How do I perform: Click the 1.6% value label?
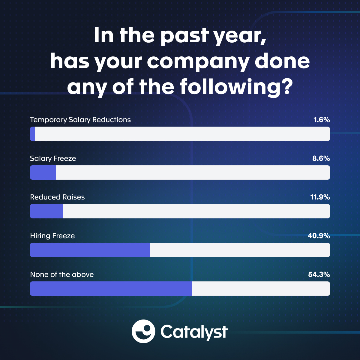click(x=322, y=120)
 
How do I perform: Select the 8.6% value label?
click(x=321, y=158)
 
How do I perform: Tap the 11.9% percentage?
click(x=320, y=197)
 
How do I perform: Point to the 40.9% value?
click(x=319, y=236)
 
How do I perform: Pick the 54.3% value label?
click(x=319, y=274)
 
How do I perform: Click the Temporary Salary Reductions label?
click(x=80, y=120)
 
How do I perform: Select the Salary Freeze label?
click(x=53, y=158)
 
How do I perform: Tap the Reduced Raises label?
click(x=57, y=197)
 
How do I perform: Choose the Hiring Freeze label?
click(x=52, y=236)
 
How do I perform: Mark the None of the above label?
click(x=62, y=274)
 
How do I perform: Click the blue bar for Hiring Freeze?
click(x=90, y=250)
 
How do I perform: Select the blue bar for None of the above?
click(x=111, y=289)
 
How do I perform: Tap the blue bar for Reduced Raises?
click(x=46, y=211)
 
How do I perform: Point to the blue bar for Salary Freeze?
click(x=43, y=172)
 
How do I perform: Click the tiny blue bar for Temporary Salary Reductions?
click(x=32, y=134)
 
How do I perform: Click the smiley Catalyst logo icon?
click(x=143, y=331)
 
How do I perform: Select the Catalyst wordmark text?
click(x=194, y=332)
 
